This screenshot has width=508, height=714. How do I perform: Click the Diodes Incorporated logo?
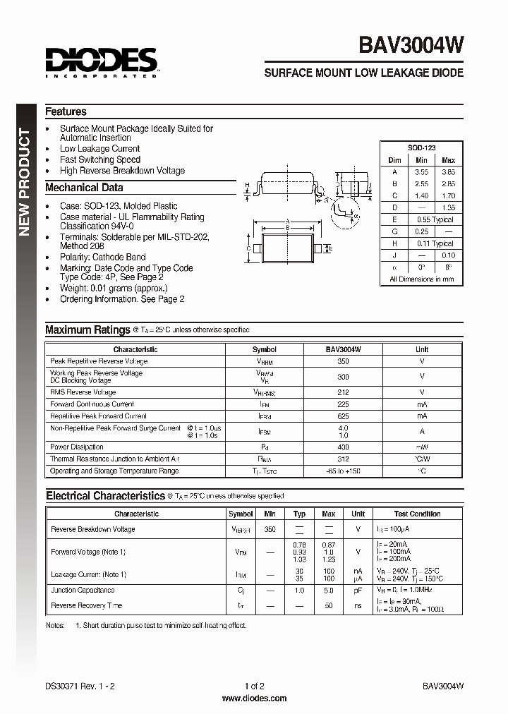point(102,62)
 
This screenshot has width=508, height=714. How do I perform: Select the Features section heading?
point(66,111)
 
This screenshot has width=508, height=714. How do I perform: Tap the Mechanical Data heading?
point(84,188)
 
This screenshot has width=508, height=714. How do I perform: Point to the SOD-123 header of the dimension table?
point(421,147)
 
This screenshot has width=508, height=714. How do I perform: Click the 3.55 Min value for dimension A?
point(421,171)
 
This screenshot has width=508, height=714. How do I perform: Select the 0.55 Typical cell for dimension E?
point(434,219)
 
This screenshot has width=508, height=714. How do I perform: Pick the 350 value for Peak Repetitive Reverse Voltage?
point(343,361)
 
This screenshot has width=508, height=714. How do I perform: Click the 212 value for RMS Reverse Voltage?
point(343,392)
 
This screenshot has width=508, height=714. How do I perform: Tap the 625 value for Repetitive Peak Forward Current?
point(343,416)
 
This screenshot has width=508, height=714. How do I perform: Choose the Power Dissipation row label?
point(77,447)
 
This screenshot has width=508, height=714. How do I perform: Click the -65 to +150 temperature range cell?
point(343,471)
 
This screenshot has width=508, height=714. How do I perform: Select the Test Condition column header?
point(417,514)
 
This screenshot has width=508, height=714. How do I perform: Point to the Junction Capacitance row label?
point(83,591)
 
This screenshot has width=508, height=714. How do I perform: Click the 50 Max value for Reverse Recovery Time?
point(328,606)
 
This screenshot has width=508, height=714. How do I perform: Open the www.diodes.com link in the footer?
point(254,698)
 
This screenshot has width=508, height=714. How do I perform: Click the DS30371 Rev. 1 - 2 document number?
point(79,686)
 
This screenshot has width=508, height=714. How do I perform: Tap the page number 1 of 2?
point(254,686)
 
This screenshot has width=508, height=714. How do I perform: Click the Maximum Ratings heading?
point(87,329)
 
